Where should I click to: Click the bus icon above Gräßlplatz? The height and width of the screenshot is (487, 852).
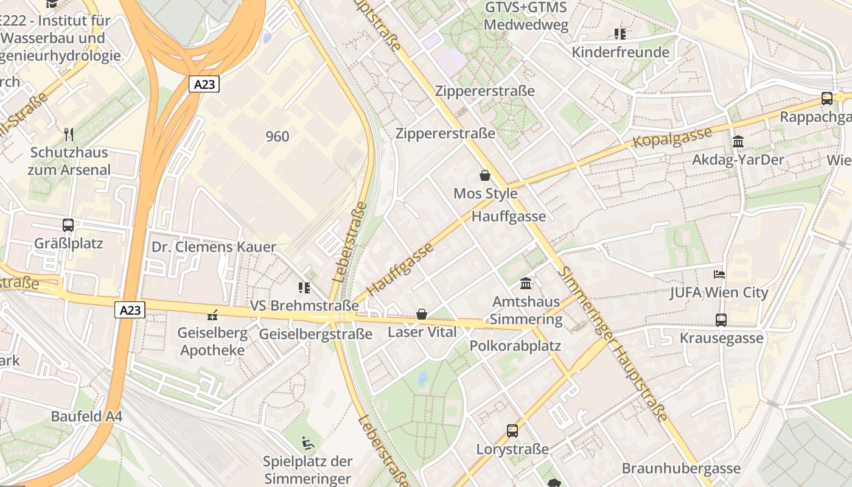68,225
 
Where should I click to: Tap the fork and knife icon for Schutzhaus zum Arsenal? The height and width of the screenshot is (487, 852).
69,134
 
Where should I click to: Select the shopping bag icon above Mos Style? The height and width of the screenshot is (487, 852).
485,176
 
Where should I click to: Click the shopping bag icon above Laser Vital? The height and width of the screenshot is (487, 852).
421,314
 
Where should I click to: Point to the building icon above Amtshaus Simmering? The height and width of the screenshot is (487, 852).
526,284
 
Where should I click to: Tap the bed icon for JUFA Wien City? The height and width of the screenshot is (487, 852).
719,275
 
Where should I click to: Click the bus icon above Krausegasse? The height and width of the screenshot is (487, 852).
721,320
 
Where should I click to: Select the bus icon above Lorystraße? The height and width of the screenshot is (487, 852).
512,431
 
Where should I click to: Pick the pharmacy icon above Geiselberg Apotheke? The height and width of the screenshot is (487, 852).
212,315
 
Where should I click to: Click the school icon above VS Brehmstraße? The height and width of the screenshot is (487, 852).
304,287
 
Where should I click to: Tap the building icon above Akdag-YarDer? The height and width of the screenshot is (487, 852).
738,142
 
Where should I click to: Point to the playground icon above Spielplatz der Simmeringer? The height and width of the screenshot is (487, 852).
308,443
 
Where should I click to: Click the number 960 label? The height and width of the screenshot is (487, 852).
278,136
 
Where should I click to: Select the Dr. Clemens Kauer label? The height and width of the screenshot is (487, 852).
214,247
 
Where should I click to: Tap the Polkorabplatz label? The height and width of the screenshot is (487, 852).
515,346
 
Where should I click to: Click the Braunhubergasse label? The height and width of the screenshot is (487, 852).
681,468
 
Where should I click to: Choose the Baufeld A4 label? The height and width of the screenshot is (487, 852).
86,416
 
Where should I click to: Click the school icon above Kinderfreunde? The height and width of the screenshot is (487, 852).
620,34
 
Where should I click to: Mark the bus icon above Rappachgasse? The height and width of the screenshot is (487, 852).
826,98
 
